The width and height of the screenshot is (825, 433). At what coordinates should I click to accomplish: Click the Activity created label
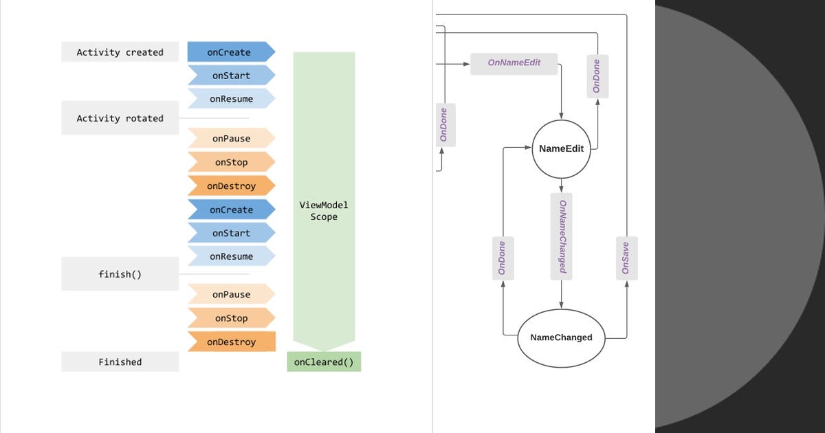[120, 52]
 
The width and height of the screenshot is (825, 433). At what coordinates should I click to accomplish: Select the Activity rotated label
[120, 118]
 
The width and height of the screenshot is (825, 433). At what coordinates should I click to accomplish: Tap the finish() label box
[120, 274]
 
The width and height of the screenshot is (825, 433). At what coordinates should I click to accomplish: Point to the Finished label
[120, 362]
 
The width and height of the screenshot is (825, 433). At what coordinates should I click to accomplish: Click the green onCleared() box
[324, 362]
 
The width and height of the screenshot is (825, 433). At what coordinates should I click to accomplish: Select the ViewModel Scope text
[324, 211]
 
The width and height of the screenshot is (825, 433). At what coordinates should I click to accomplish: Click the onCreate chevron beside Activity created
[230, 52]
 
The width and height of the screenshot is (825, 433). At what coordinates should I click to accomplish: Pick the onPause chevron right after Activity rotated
[230, 139]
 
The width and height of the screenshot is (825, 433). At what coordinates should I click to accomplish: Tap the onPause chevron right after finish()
[230, 295]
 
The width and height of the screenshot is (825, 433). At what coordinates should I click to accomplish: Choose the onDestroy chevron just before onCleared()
[231, 342]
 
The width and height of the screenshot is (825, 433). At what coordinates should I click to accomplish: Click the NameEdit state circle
[561, 149]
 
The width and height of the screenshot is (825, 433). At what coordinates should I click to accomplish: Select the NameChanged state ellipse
[561, 337]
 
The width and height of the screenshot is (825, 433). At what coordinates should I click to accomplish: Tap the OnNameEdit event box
[514, 63]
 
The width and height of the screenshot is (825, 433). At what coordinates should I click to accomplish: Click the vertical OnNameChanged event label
[562, 236]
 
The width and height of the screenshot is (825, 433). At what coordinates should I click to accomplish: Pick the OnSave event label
[626, 258]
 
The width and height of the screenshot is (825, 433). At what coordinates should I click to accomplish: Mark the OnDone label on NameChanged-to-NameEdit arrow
[503, 258]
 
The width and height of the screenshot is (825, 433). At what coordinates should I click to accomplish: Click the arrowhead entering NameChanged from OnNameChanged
[562, 304]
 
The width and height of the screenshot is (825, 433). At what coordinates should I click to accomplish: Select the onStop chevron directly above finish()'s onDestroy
[230, 318]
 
